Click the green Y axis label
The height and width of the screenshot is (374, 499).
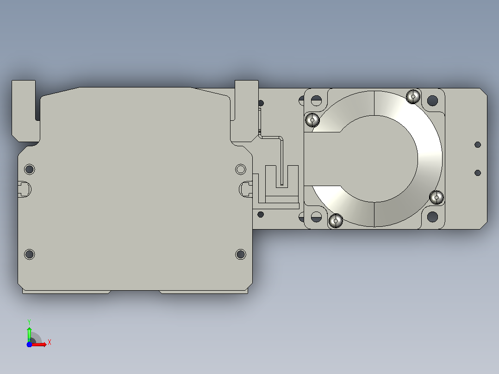(29, 322)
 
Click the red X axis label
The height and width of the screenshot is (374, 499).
(50, 343)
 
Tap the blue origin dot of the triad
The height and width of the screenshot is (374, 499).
(29, 344)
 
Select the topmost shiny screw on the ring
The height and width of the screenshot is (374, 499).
(413, 96)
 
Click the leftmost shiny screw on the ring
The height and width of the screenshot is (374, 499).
(312, 120)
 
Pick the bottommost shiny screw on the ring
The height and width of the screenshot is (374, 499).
(336, 221)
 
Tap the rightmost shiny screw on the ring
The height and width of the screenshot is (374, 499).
(437, 197)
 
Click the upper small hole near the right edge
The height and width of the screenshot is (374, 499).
(477, 145)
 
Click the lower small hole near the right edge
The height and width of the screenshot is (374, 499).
(477, 173)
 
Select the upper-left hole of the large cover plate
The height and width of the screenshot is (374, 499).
(30, 169)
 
